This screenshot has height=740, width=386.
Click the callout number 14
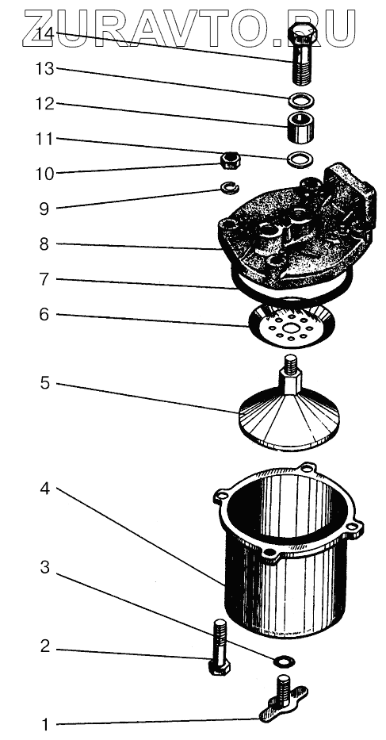(47, 33)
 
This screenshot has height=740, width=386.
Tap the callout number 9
(44, 208)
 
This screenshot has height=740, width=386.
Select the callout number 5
(44, 383)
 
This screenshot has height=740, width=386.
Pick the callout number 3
(45, 567)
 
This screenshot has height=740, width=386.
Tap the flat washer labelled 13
(301, 101)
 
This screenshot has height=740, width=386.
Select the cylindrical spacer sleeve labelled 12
(300, 127)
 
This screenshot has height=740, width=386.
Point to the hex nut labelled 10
(231, 160)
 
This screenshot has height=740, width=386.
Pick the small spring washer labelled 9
(231, 188)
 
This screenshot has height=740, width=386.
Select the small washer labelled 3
(284, 661)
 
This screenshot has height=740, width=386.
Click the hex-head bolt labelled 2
(219, 647)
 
